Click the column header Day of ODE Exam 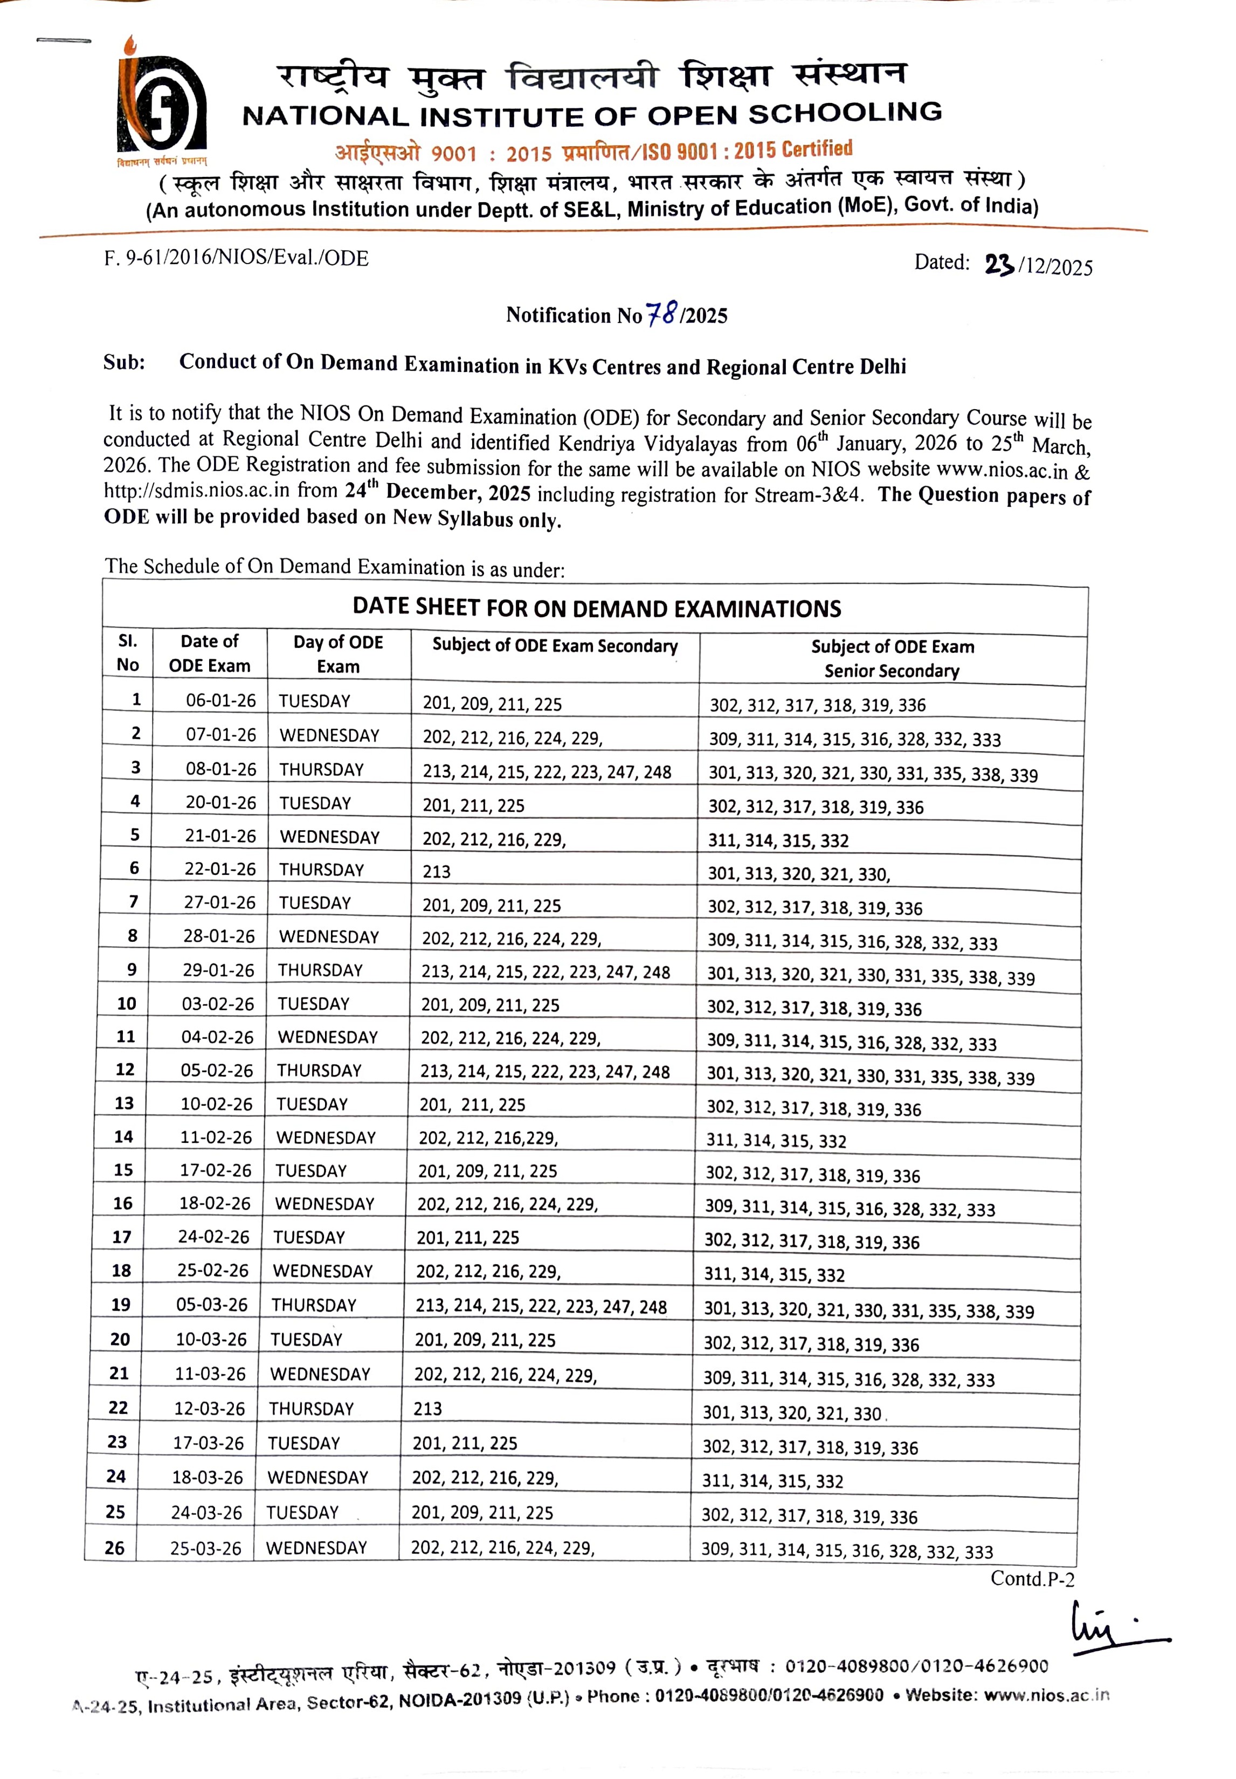[x=339, y=654]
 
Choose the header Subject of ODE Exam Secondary [x=555, y=645]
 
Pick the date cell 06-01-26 [x=220, y=700]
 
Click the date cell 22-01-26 [x=220, y=869]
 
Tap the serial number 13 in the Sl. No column [x=124, y=1103]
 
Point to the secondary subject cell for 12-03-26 [x=427, y=1408]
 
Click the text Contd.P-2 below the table [x=1032, y=1578]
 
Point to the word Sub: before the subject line [x=124, y=362]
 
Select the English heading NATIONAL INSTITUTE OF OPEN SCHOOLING [x=592, y=115]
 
